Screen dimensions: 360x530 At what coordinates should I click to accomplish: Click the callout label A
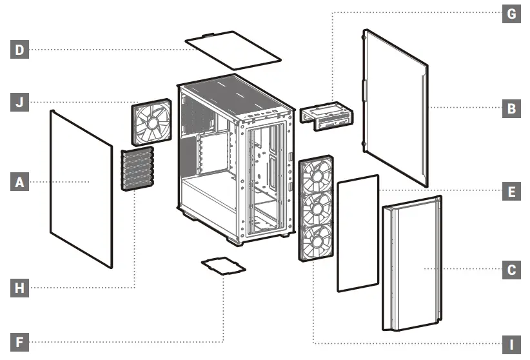coord(19,183)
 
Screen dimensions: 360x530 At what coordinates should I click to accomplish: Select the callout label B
coord(511,108)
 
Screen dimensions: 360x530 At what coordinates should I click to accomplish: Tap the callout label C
coord(511,270)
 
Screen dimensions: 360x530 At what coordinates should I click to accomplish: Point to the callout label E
coord(511,192)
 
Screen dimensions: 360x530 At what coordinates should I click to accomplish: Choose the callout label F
coord(19,341)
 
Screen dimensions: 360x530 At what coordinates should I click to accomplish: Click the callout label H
coord(19,288)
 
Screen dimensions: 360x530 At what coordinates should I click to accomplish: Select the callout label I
coord(511,343)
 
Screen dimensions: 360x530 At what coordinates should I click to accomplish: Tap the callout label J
coord(19,102)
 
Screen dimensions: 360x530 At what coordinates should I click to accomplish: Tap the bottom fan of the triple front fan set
coord(316,242)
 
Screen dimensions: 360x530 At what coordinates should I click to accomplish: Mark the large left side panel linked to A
coord(81,187)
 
